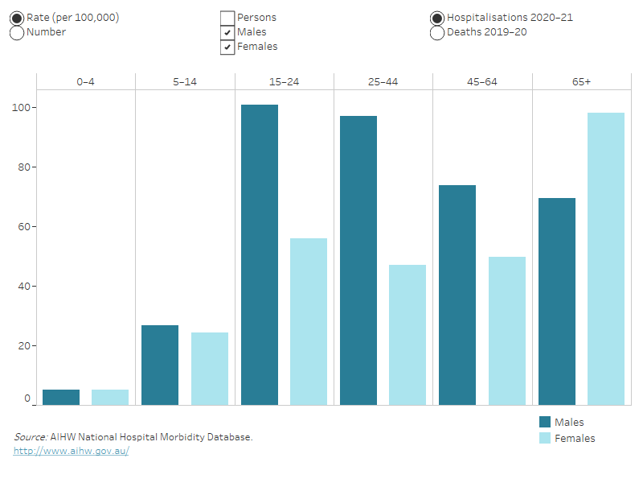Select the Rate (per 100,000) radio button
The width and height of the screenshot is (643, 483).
(17, 19)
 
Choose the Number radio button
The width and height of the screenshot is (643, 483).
(17, 33)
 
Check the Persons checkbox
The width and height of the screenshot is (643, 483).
(227, 19)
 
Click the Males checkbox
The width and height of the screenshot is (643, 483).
(227, 33)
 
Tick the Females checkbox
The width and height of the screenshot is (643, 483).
(227, 47)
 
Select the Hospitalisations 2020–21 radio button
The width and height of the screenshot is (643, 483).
(437, 19)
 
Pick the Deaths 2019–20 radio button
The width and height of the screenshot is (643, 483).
(437, 33)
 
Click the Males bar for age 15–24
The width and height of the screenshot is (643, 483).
(260, 254)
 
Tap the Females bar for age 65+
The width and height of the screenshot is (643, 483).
(606, 258)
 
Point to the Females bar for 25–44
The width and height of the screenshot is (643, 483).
(408, 334)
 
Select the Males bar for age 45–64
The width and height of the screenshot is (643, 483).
(457, 295)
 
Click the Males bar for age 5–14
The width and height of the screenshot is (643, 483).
(160, 365)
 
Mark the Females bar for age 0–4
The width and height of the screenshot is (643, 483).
(110, 397)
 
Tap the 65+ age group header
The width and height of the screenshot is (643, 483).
(581, 82)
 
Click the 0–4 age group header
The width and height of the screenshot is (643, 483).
(85, 82)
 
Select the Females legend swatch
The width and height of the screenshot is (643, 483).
(545, 438)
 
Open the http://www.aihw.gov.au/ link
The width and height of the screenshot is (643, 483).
(71, 452)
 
